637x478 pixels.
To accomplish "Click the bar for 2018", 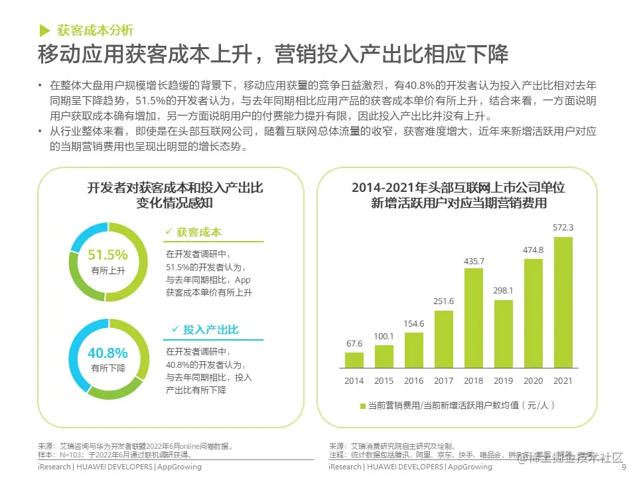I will [x=473, y=318].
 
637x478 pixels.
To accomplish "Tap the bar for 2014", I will [x=354, y=360].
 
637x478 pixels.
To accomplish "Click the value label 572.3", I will [x=563, y=228].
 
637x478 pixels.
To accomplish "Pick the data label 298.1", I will [x=504, y=291].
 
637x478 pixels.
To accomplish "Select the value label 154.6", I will [x=414, y=323].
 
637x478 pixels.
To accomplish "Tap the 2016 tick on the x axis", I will [x=414, y=380].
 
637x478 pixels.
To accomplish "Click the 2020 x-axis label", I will [x=533, y=380].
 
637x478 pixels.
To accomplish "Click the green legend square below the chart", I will [x=362, y=405].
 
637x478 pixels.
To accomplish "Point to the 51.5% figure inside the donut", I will [x=107, y=255].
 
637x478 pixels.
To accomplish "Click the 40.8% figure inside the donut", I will [x=107, y=353].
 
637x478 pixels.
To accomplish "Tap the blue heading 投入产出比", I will [x=211, y=330].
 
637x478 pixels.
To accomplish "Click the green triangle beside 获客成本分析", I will [x=44, y=30].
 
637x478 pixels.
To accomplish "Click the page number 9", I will [x=623, y=467].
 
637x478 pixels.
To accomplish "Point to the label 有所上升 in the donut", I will [x=107, y=271].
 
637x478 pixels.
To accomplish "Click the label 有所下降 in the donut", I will [x=107, y=368].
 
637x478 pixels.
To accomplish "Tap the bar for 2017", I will [x=444, y=339].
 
